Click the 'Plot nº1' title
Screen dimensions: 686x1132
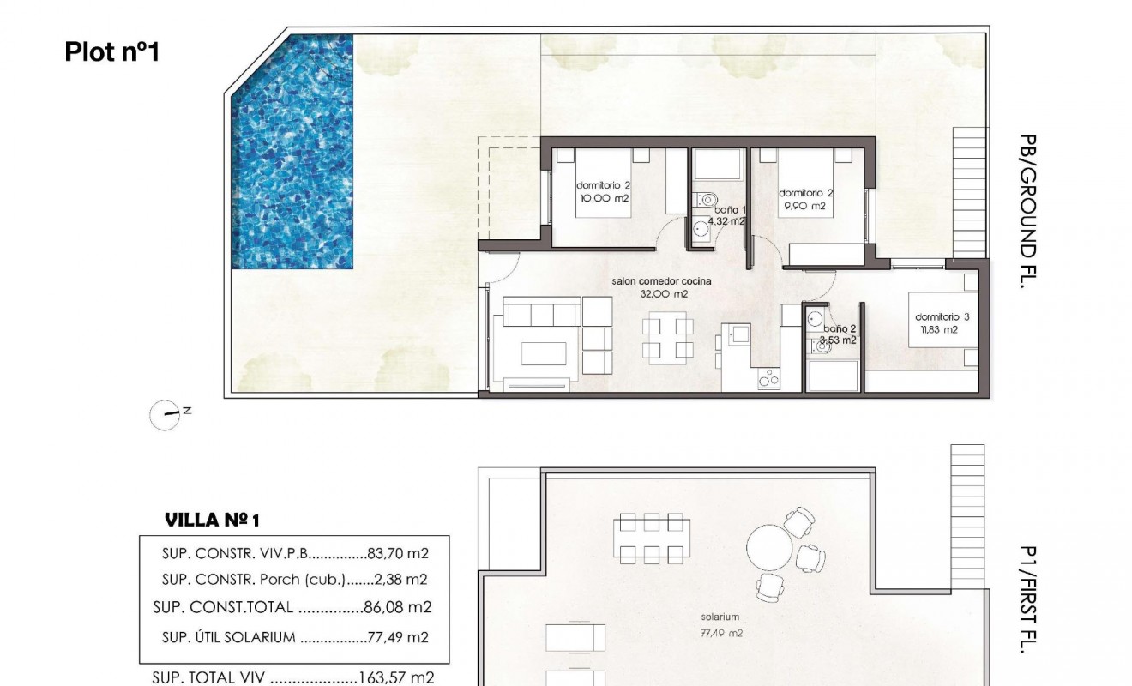(x=112, y=52)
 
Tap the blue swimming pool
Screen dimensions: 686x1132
(x=292, y=154)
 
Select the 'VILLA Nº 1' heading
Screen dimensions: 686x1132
(x=211, y=520)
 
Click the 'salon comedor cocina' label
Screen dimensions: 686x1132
(x=661, y=281)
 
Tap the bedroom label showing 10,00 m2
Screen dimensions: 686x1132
(x=604, y=191)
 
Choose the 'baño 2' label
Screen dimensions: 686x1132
(x=840, y=328)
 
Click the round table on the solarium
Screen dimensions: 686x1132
(x=771, y=545)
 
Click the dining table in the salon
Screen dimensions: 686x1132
(x=668, y=338)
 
